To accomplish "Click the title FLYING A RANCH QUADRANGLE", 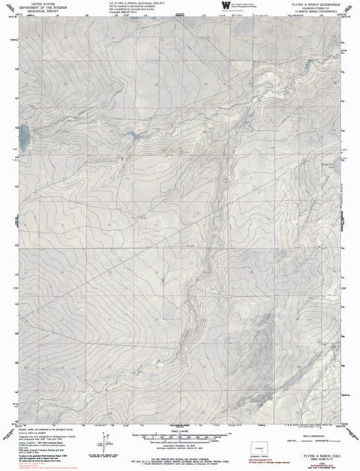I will click(313, 4).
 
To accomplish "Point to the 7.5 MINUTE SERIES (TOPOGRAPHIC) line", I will click(313, 12).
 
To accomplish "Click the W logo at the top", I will click(226, 7).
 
